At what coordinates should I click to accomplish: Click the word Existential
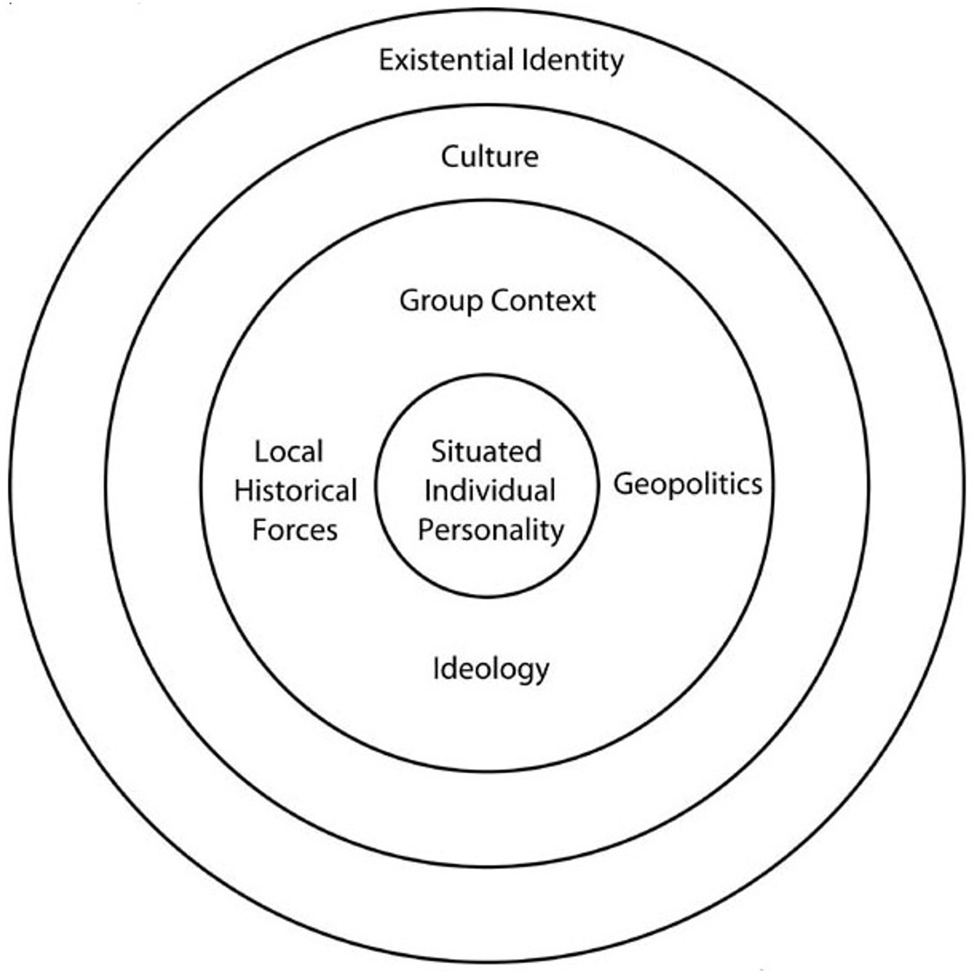[x=446, y=60]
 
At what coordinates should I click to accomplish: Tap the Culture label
[x=490, y=156]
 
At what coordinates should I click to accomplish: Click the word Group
[x=441, y=302]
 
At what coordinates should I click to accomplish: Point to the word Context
[x=543, y=301]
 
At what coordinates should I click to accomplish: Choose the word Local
[x=289, y=451]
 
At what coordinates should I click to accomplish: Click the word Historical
[x=296, y=491]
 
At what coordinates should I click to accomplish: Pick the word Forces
[x=295, y=531]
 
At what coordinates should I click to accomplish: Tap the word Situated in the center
[x=486, y=451]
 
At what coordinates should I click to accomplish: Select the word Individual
[x=490, y=491]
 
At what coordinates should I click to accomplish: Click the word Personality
[x=490, y=531]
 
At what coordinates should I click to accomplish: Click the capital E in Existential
[x=387, y=61]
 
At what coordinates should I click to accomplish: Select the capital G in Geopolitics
[x=625, y=483]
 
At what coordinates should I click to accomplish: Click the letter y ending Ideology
[x=542, y=674]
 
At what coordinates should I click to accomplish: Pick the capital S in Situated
[x=440, y=451]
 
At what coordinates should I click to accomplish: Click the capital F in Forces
[x=261, y=531]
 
